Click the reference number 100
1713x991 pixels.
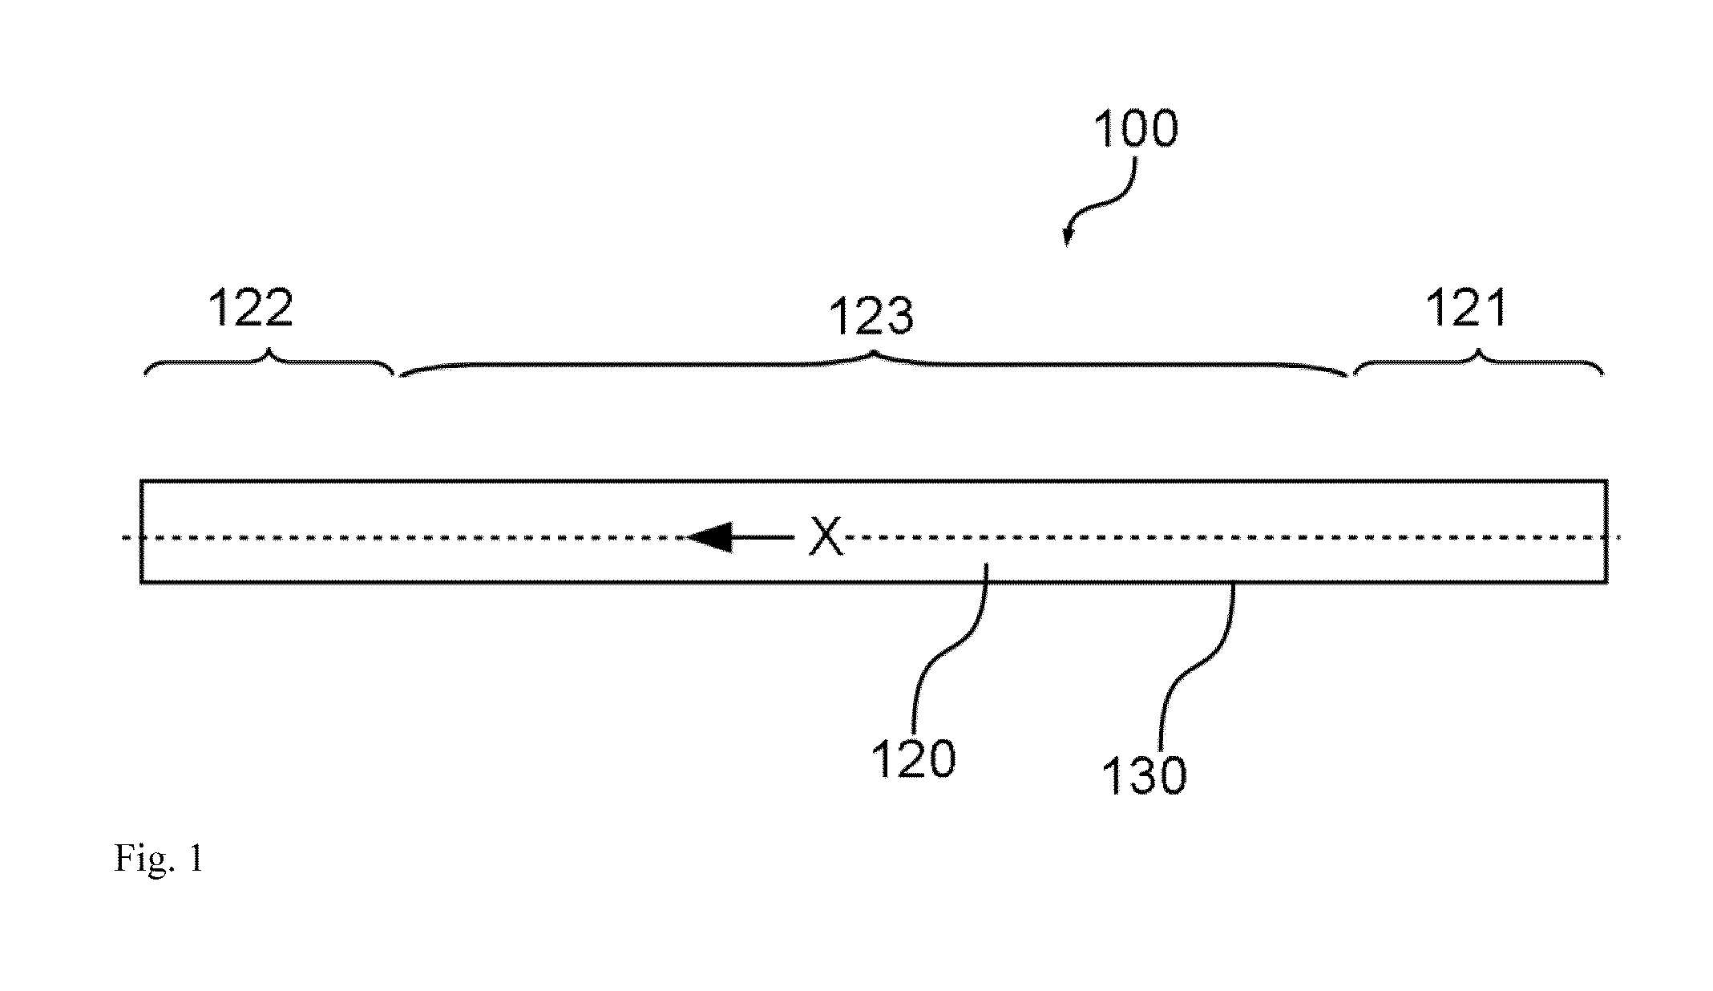(1136, 129)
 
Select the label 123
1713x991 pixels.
(871, 316)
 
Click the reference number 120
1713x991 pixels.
(914, 758)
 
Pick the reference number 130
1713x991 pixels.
(1144, 776)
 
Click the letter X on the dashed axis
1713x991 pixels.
(826, 536)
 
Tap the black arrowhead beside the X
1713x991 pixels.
(709, 537)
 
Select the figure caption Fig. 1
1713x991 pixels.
(159, 859)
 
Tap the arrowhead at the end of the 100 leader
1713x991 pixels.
(1067, 237)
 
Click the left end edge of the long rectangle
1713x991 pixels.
(141, 532)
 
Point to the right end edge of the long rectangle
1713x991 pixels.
(1606, 532)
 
